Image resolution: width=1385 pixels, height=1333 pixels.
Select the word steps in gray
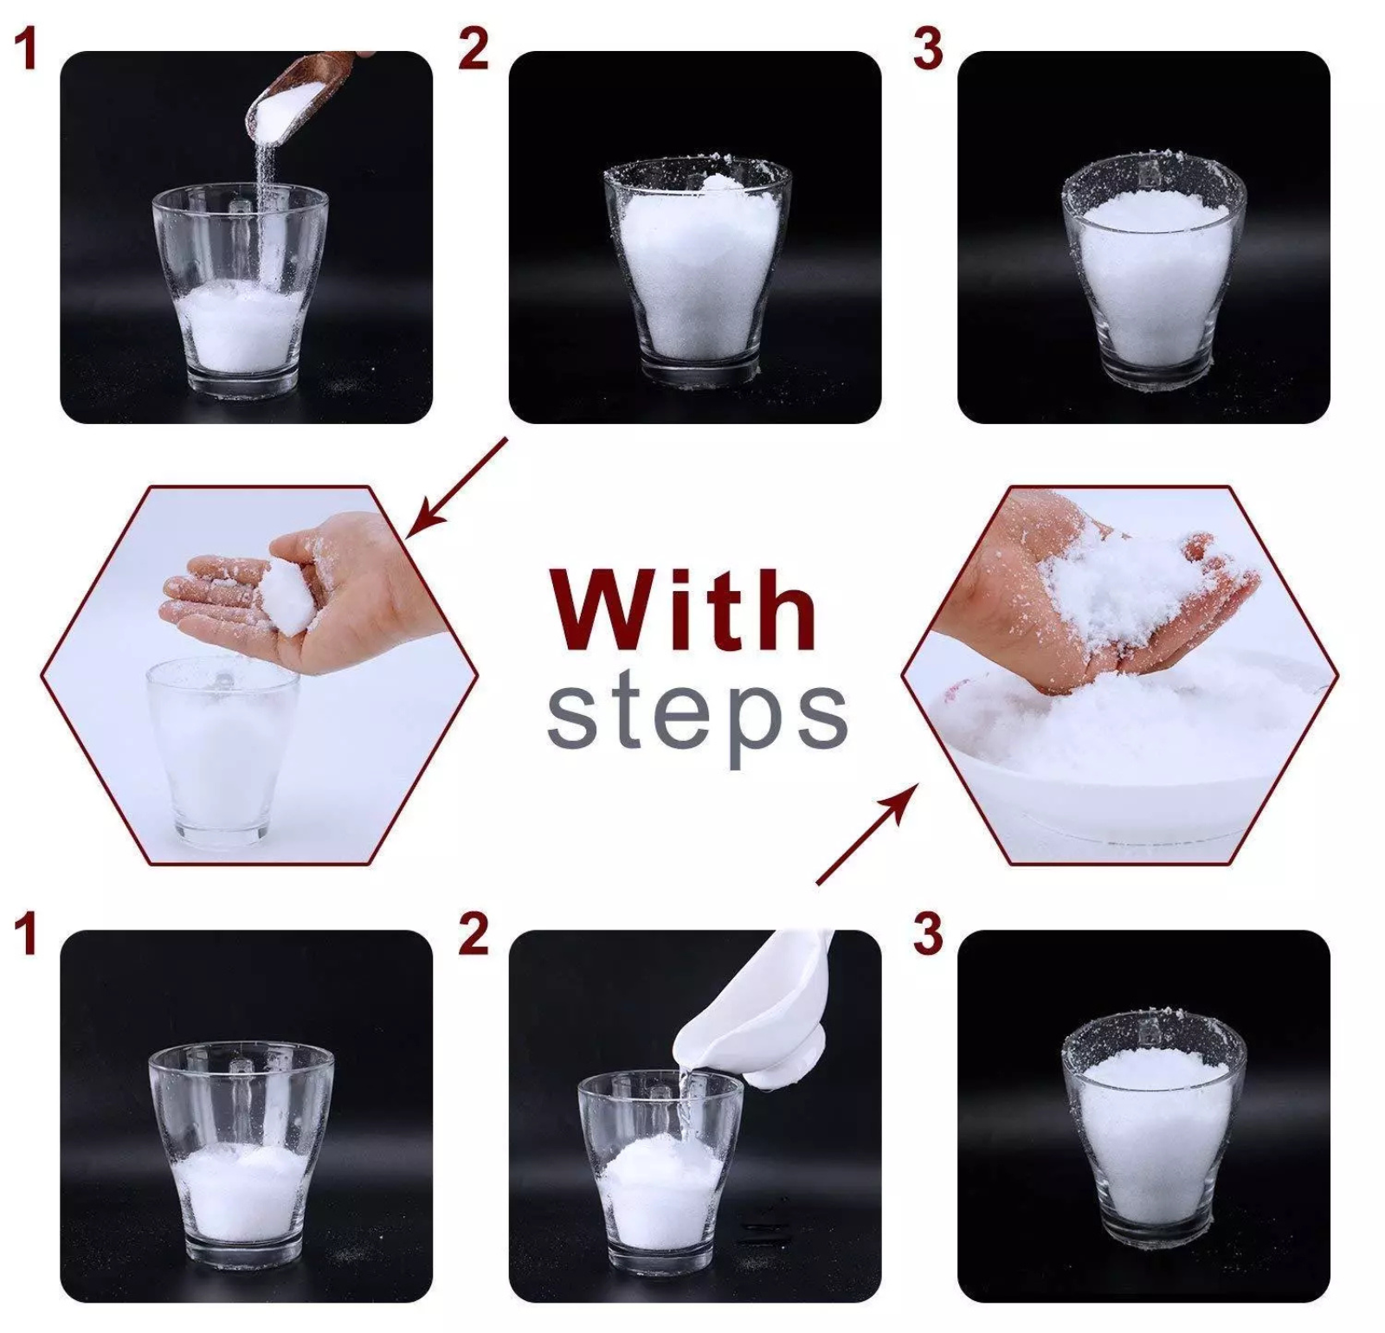pyautogui.click(x=698, y=718)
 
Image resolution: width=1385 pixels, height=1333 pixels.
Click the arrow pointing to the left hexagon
pyautogui.click(x=456, y=486)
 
